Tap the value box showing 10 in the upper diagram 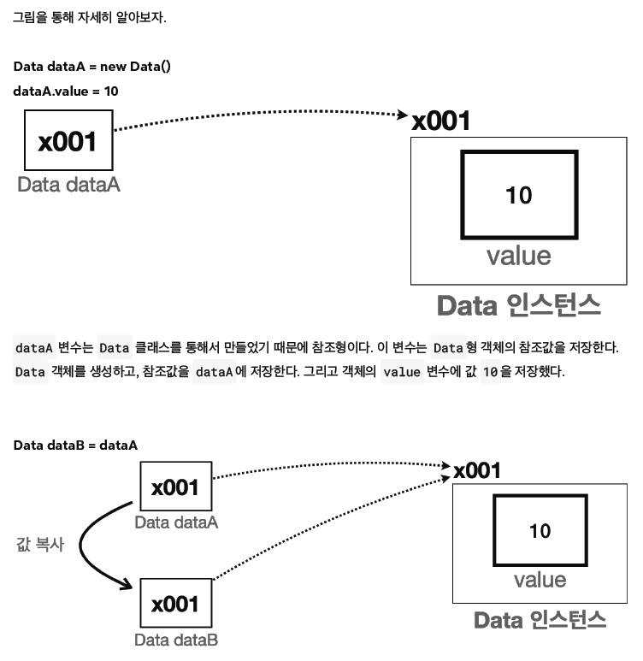pos(518,195)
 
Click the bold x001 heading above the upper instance pos(441,121)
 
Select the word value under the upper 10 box pos(518,255)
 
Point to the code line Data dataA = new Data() pos(92,66)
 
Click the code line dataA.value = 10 pos(66,91)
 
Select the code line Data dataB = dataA pos(75,446)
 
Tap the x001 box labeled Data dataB pos(175,605)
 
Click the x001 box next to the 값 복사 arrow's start pos(175,487)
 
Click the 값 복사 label pos(40,545)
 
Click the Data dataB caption pos(175,640)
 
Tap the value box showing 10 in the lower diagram pos(540,531)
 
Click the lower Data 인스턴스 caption pos(540,620)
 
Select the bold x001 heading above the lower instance pos(477,470)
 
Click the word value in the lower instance pos(540,580)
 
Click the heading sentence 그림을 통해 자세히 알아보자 pos(89,17)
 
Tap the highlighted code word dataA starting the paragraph pos(35,348)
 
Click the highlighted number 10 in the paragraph pos(490,373)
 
